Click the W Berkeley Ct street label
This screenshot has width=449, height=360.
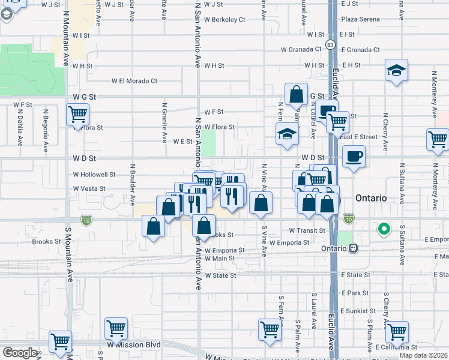(224, 19)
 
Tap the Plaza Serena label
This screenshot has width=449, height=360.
(360, 19)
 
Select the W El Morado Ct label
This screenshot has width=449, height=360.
(134, 81)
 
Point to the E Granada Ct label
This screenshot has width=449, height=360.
(360, 50)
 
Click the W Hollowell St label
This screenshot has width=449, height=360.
(94, 175)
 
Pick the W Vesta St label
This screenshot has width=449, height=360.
(89, 188)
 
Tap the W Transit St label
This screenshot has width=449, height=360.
(307, 230)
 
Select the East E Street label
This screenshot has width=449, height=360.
(358, 137)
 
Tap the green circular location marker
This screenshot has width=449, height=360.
(382, 229)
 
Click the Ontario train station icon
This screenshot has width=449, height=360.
(354, 247)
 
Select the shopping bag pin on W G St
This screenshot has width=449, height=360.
(297, 95)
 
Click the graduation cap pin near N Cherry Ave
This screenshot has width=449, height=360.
(396, 71)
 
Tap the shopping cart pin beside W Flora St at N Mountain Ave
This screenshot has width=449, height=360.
(78, 114)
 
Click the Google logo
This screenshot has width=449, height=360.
(20, 353)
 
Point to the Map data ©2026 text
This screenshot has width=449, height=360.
(423, 355)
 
